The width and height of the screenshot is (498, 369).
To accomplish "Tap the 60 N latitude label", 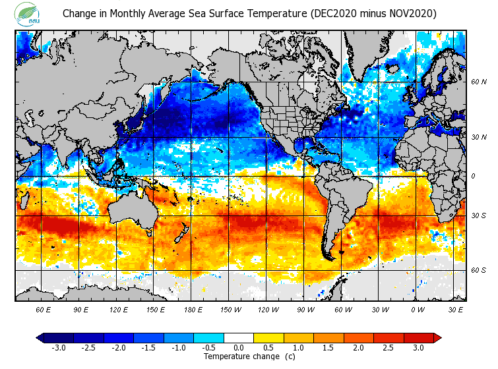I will pyautogui.click(x=479, y=82).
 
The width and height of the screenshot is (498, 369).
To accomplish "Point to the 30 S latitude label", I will pyautogui.click(x=479, y=215).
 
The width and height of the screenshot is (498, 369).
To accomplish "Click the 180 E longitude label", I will pyautogui.click(x=193, y=309).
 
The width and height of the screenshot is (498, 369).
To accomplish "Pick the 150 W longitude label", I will pyautogui.click(x=230, y=309).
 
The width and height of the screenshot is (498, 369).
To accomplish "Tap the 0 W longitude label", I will pyautogui.click(x=418, y=309).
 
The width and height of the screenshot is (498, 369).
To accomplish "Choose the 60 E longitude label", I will pyautogui.click(x=44, y=309).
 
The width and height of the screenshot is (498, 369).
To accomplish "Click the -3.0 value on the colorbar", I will pyautogui.click(x=58, y=347).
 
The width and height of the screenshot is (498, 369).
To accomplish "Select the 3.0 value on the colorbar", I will pyautogui.click(x=419, y=347).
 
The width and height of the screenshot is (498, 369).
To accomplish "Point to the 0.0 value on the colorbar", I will pyautogui.click(x=239, y=347).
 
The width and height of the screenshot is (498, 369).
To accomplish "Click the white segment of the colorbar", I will pyautogui.click(x=239, y=337).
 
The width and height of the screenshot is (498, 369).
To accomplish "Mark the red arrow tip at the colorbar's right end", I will pyautogui.click(x=437, y=337).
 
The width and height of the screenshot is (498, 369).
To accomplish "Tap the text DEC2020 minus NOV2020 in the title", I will pyautogui.click(x=374, y=13).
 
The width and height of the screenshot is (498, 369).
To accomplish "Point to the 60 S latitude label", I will pyautogui.click(x=479, y=270).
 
